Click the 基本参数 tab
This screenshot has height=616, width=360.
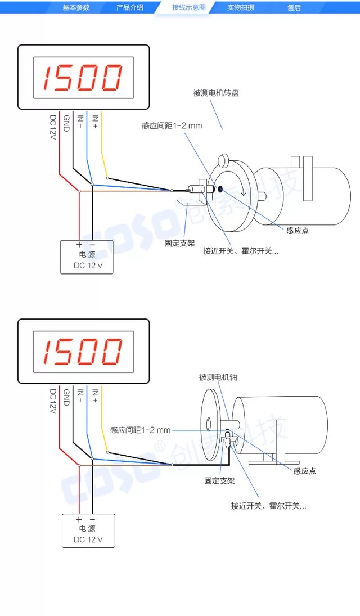coord(76,8)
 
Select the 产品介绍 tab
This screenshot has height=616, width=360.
coord(129,8)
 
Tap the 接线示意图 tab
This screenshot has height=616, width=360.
coord(189,8)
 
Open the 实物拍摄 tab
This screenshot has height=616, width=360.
coord(241,8)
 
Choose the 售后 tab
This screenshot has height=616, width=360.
coord(294,8)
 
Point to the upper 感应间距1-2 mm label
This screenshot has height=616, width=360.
coord(172,125)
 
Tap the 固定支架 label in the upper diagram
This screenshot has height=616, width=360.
coord(180,244)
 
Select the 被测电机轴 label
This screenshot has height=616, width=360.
coord(218,377)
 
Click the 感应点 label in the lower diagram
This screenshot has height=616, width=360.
coord(305,471)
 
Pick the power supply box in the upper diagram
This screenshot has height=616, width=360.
coord(87,257)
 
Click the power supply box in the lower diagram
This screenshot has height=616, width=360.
coord(88,530)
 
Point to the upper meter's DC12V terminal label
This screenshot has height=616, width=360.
coord(53,127)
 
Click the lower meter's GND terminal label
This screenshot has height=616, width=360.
coord(66,398)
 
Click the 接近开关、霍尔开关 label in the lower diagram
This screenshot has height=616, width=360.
coord(268,506)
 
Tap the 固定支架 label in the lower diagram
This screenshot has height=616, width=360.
coord(219,481)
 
